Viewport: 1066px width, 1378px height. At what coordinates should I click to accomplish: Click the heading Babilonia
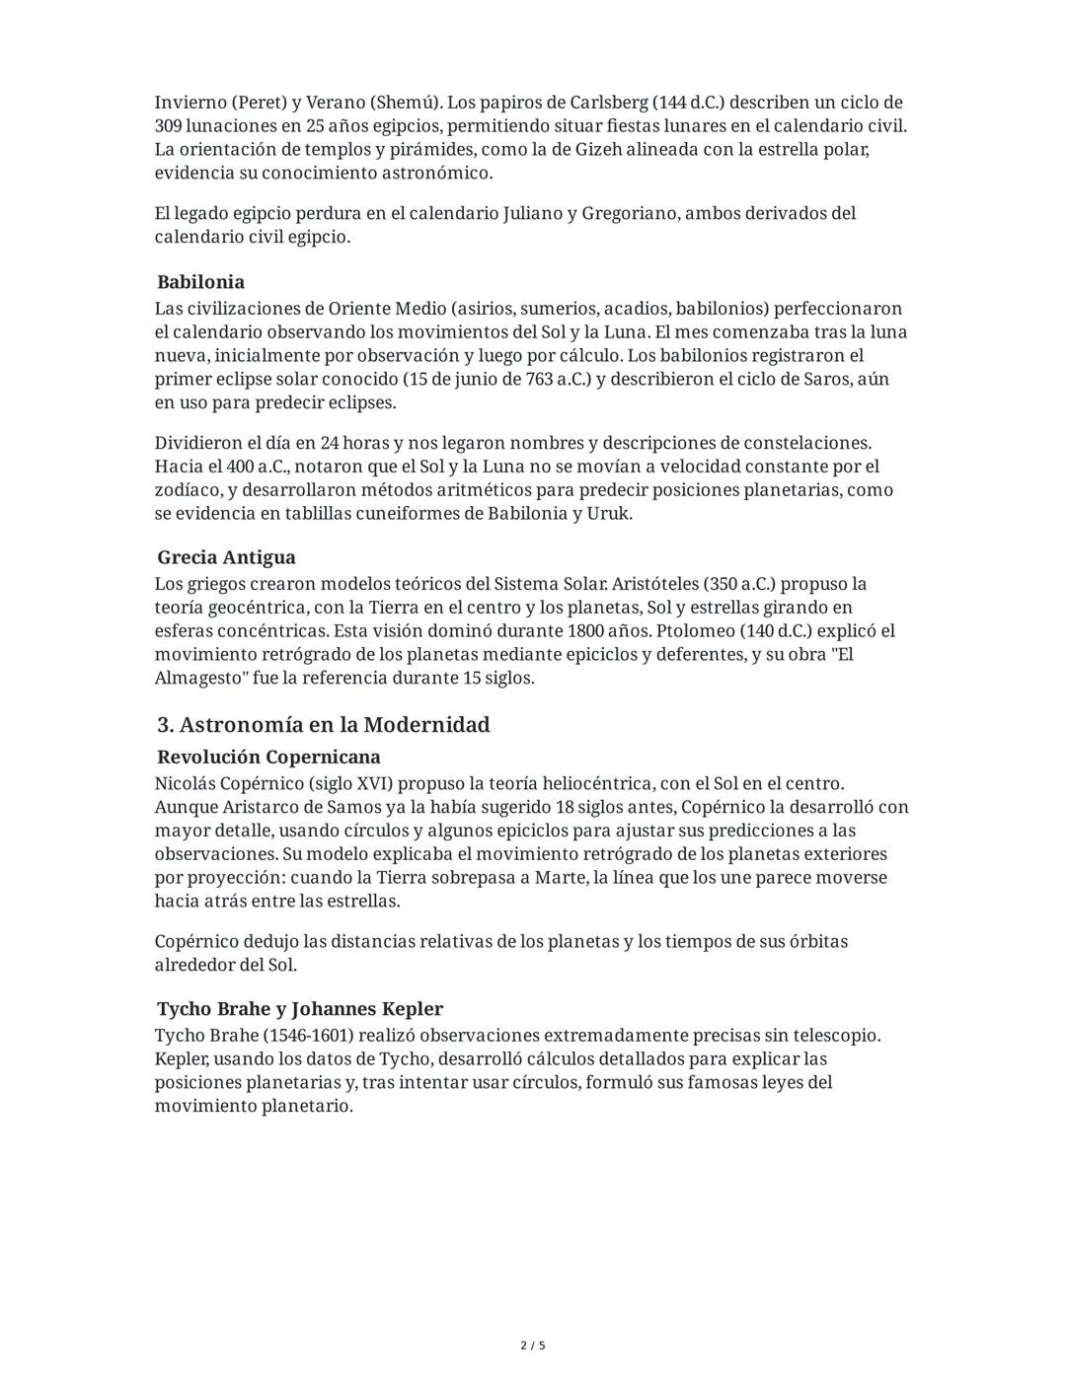click(x=200, y=282)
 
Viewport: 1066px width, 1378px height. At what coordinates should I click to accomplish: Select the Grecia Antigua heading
click(x=226, y=557)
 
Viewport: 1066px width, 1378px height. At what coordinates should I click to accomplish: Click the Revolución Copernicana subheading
click(x=268, y=758)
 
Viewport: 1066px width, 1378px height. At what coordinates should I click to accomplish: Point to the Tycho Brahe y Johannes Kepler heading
click(x=300, y=1009)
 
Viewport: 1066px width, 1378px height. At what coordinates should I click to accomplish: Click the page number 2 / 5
click(x=533, y=1345)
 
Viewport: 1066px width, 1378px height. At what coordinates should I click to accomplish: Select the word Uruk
click(x=608, y=514)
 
